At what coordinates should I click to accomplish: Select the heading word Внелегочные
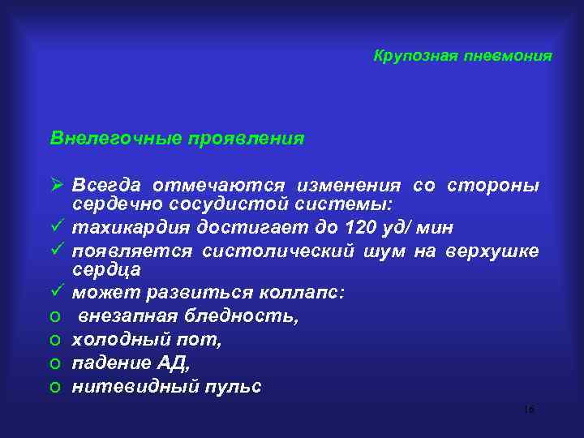click(106, 139)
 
